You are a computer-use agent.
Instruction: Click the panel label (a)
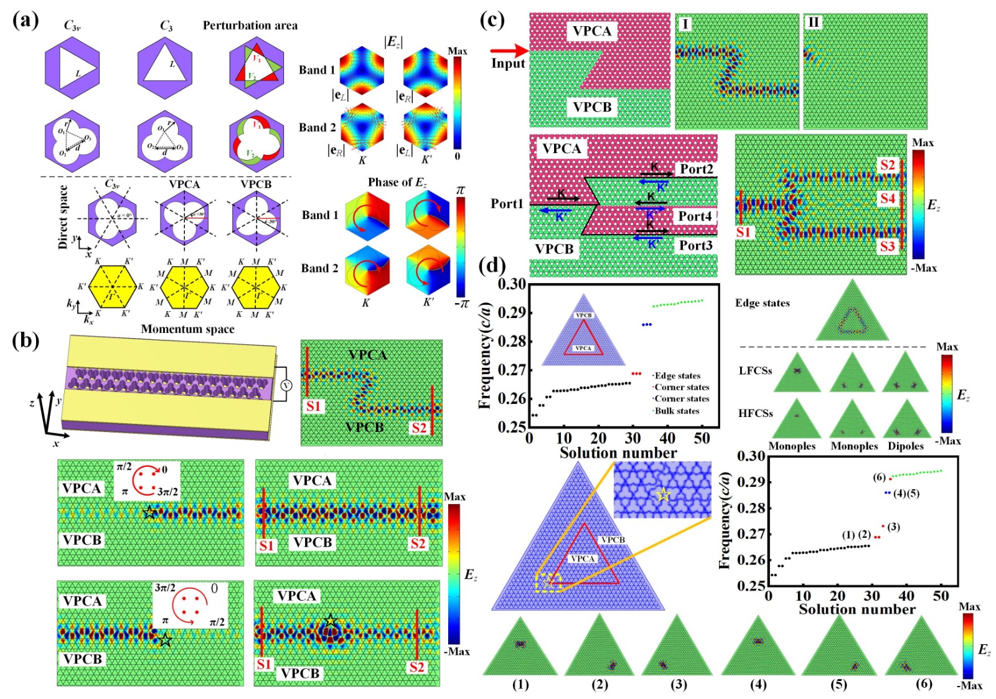click(x=26, y=20)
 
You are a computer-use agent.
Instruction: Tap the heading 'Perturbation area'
click(x=250, y=26)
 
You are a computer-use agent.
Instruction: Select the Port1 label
click(x=507, y=204)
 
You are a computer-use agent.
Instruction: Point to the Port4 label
click(x=695, y=216)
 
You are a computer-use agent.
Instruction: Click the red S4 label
click(x=887, y=199)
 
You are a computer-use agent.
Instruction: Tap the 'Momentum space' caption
click(x=187, y=329)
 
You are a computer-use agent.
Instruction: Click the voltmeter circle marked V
click(x=286, y=386)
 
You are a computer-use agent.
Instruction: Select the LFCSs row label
click(x=755, y=370)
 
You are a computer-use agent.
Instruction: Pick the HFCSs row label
click(x=755, y=413)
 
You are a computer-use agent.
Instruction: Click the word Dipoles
click(x=906, y=446)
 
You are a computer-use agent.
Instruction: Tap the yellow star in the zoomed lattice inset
click(x=664, y=495)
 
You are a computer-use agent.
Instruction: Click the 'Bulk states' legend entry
click(x=677, y=411)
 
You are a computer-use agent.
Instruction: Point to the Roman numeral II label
click(x=813, y=23)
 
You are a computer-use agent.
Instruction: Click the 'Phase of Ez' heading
click(x=397, y=182)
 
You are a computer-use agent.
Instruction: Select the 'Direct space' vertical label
click(x=62, y=217)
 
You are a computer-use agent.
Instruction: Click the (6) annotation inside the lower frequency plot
click(x=879, y=477)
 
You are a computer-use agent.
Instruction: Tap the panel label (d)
click(x=492, y=266)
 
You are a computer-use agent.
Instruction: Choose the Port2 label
click(x=696, y=169)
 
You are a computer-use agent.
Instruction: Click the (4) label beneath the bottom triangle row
click(x=758, y=684)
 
